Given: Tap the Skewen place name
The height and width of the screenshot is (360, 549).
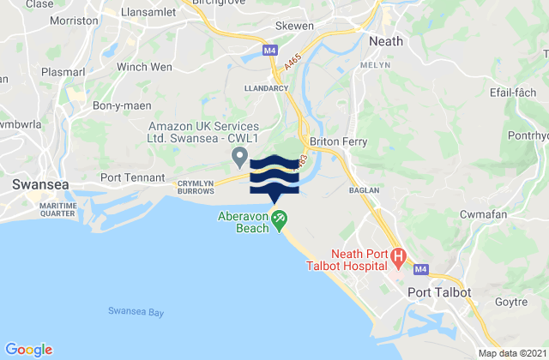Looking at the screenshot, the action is coord(294,27).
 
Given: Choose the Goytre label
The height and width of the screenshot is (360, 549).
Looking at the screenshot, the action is coord(513,301).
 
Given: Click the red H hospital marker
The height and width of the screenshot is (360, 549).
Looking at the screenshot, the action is coord(399,255).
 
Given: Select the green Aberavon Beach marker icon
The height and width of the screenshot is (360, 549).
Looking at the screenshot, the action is coord(280,220).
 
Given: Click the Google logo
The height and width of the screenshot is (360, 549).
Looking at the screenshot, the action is coord(29,349).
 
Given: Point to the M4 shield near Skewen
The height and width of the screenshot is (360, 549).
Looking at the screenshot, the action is coord(270,51).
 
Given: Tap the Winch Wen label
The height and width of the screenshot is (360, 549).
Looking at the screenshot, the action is coord(144,66).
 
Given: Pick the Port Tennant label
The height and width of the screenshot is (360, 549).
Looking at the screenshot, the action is coord(132,177).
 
